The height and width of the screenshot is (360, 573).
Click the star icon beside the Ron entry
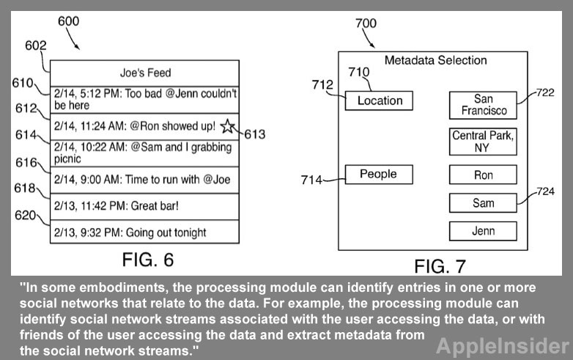(228, 126)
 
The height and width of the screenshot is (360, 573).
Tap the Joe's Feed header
(145, 73)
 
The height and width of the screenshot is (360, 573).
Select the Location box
(380, 100)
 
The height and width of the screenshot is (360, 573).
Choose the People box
(378, 175)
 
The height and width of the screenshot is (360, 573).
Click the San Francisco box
(484, 105)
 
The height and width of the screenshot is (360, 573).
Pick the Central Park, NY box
(484, 142)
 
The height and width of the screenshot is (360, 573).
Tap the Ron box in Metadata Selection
(484, 175)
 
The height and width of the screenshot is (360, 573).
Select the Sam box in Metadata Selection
(484, 203)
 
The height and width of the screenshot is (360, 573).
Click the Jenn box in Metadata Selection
(484, 231)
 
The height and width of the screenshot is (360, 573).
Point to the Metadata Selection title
(435, 60)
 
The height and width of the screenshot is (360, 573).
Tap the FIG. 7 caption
(440, 266)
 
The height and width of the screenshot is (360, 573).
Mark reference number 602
(35, 45)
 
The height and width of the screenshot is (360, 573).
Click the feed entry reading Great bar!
(145, 206)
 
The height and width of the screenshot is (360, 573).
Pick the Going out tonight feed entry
(145, 233)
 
